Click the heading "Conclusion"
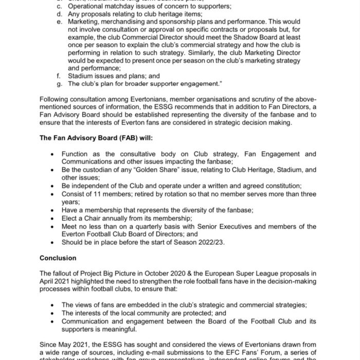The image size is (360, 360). click(x=58, y=258)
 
